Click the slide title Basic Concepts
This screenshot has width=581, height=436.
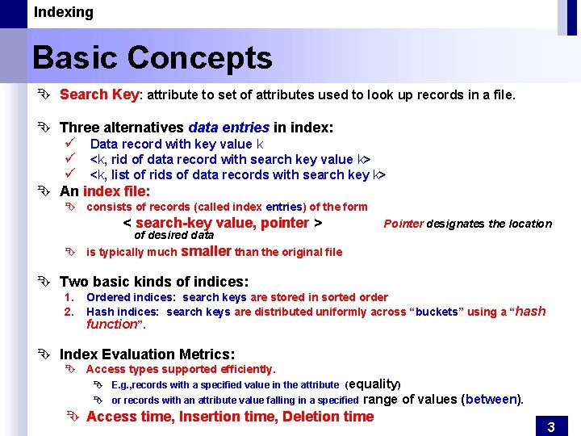[153, 58]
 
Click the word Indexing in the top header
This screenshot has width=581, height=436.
[63, 12]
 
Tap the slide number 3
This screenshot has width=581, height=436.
[551, 427]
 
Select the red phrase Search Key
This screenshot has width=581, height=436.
[99, 94]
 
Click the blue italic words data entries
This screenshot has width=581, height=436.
[228, 128]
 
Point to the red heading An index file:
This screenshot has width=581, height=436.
[105, 191]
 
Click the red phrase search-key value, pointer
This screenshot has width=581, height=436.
[222, 223]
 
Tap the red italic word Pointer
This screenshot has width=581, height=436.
[403, 224]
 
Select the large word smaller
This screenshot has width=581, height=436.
[207, 251]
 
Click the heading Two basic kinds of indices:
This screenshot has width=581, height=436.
[154, 282]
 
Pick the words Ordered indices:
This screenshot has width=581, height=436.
[131, 298]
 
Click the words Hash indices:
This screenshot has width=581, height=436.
[123, 312]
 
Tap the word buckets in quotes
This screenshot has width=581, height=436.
[437, 312]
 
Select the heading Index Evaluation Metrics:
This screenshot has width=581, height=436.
[148, 354]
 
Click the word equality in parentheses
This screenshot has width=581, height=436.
[373, 384]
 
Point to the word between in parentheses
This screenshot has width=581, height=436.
[491, 399]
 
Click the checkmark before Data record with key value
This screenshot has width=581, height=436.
[70, 144]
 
